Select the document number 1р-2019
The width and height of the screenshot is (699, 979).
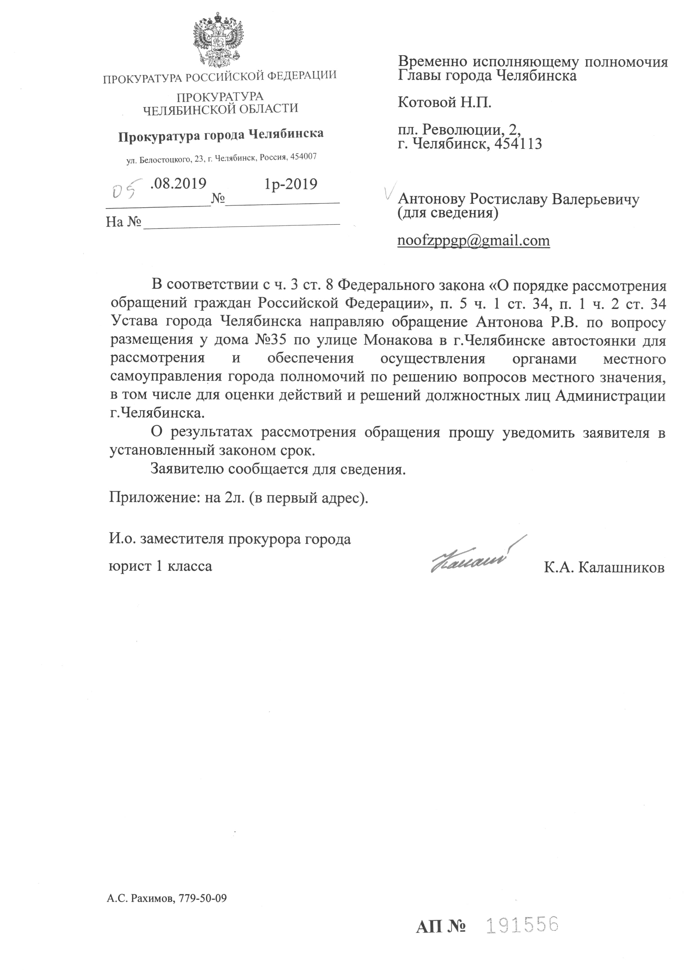pyautogui.click(x=291, y=184)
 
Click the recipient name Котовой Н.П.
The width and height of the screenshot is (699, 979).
pyautogui.click(x=444, y=103)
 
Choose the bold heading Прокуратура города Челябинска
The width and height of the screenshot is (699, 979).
pyautogui.click(x=221, y=135)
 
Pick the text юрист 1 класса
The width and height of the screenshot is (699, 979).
pyautogui.click(x=161, y=566)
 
